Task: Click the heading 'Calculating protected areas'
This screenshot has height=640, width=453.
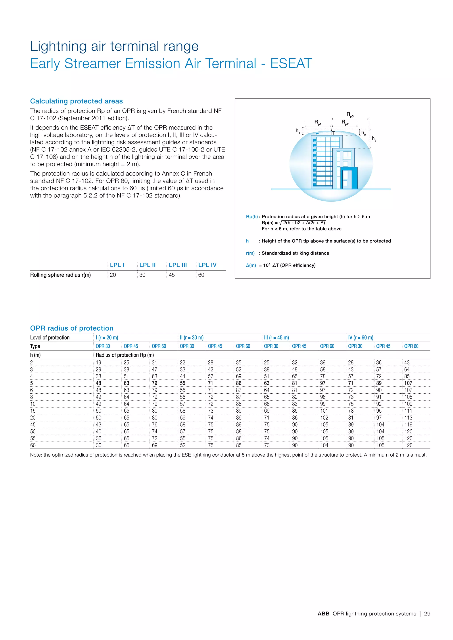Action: [x=77, y=101]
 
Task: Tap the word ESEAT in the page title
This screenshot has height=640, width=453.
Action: [x=291, y=64]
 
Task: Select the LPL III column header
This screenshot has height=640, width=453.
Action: [x=178, y=265]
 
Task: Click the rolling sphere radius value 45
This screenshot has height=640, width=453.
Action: [x=172, y=275]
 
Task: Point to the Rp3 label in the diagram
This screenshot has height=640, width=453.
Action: [x=350, y=114]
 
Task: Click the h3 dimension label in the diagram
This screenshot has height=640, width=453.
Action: [x=374, y=139]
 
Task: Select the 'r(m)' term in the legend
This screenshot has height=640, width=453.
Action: [x=250, y=253]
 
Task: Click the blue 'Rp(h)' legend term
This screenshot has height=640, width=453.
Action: [x=251, y=217]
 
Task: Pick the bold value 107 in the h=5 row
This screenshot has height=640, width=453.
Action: [x=408, y=383]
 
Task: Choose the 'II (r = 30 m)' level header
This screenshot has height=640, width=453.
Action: [x=192, y=337]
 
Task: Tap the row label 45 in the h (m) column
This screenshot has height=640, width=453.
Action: [x=33, y=425]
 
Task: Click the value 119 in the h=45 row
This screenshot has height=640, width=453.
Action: [x=408, y=425]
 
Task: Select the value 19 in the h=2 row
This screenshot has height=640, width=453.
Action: [x=98, y=363]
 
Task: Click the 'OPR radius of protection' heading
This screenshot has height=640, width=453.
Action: [x=72, y=328]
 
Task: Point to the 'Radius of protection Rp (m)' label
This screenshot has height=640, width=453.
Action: [x=125, y=355]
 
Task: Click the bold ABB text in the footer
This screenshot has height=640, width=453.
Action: [x=323, y=613]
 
